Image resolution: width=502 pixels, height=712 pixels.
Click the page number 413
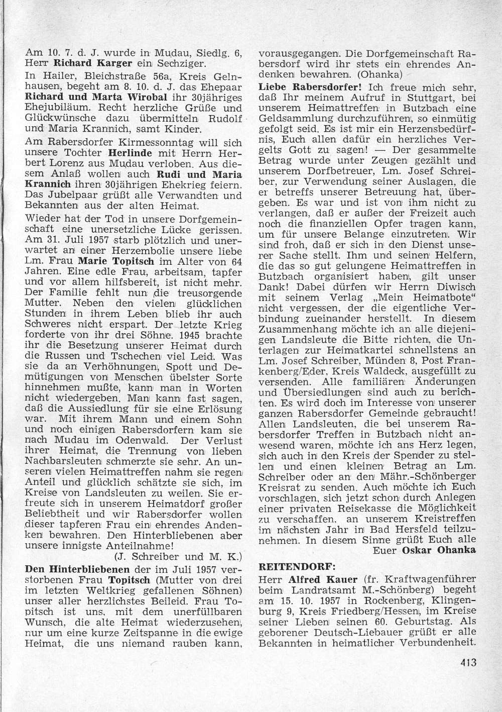pyautogui.click(x=467, y=662)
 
